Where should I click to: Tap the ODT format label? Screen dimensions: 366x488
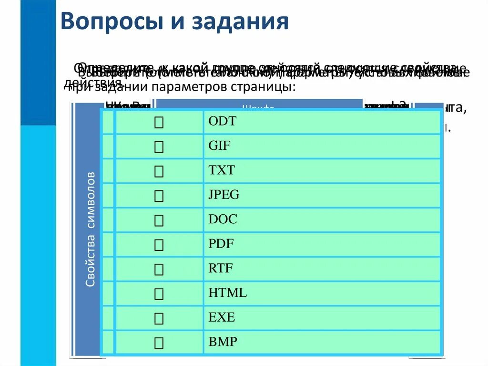point(222,121)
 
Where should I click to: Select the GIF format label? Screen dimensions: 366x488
point(219,146)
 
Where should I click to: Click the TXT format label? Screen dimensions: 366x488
point(222,170)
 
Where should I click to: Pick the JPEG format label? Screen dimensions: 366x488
point(224,195)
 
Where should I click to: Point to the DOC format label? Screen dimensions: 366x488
point(223,220)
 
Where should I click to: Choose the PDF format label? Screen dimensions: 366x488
point(221,244)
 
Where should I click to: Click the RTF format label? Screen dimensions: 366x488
point(221,268)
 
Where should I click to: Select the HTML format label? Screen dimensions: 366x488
point(228,293)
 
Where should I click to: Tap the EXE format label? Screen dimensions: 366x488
point(222,317)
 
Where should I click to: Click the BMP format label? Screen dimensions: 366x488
point(223,342)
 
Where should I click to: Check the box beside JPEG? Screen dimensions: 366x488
point(159,196)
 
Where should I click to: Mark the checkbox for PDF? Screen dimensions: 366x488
point(159,245)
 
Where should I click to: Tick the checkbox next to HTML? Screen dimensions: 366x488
point(159,294)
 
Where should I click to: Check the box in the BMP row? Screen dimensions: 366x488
point(159,343)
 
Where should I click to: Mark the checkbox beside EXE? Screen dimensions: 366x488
point(159,318)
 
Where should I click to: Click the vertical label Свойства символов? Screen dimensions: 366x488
point(91,230)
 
